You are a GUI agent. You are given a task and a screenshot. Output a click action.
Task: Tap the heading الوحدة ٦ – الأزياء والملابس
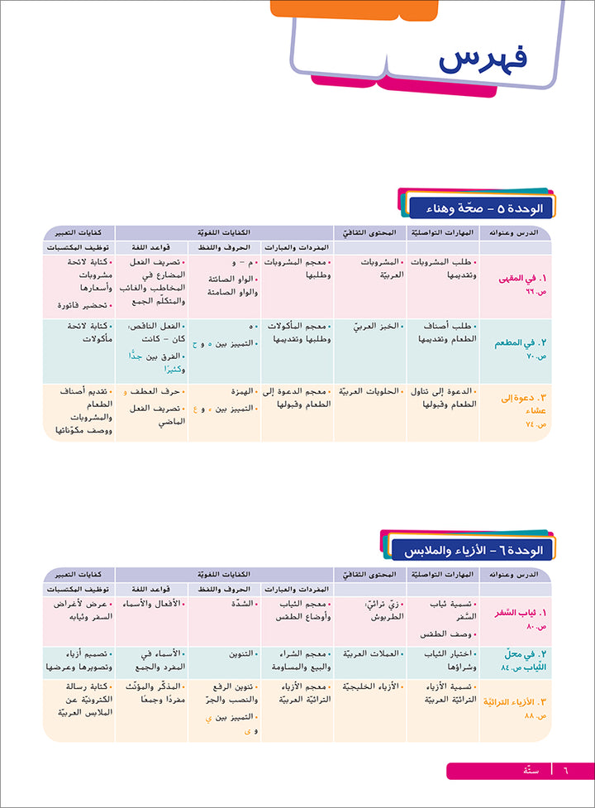pyautogui.click(x=475, y=549)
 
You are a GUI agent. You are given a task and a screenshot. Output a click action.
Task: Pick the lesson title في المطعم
pyautogui.click(x=521, y=341)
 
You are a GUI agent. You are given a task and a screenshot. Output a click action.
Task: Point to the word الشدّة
pyautogui.click(x=235, y=604)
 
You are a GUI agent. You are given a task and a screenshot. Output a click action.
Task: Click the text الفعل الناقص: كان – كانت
pyautogui.click(x=152, y=333)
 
